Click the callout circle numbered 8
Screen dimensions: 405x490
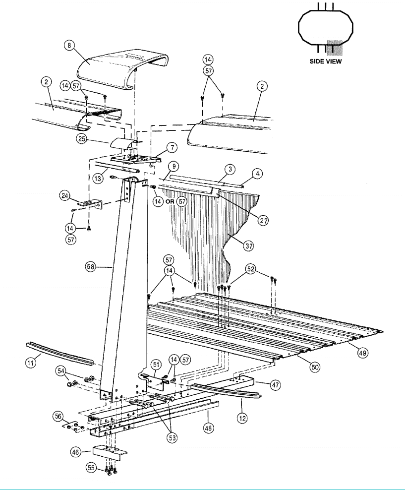pyautogui.click(x=69, y=46)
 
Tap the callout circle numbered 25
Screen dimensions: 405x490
pyautogui.click(x=81, y=139)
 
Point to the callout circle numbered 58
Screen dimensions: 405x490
pyautogui.click(x=91, y=267)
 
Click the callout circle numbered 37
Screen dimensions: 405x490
pyautogui.click(x=248, y=246)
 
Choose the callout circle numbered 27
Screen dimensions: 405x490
pyautogui.click(x=263, y=221)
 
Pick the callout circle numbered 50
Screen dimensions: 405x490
pyautogui.click(x=315, y=367)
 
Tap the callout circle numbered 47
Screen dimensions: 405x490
pyautogui.click(x=275, y=385)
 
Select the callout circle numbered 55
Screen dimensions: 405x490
pyautogui.click(x=91, y=468)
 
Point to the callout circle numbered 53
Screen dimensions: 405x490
pyautogui.click(x=173, y=438)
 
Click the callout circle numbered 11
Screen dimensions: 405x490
pyautogui.click(x=31, y=363)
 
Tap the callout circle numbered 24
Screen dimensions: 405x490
pyautogui.click(x=65, y=196)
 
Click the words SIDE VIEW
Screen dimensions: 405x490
pyautogui.click(x=326, y=61)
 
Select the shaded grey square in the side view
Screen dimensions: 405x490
pyautogui.click(x=335, y=48)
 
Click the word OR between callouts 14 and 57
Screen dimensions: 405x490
pyautogui.click(x=170, y=201)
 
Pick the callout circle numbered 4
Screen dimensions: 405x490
pyautogui.click(x=257, y=174)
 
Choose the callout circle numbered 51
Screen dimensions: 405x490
pyautogui.click(x=156, y=365)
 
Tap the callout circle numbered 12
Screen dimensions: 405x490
pyautogui.click(x=242, y=418)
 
